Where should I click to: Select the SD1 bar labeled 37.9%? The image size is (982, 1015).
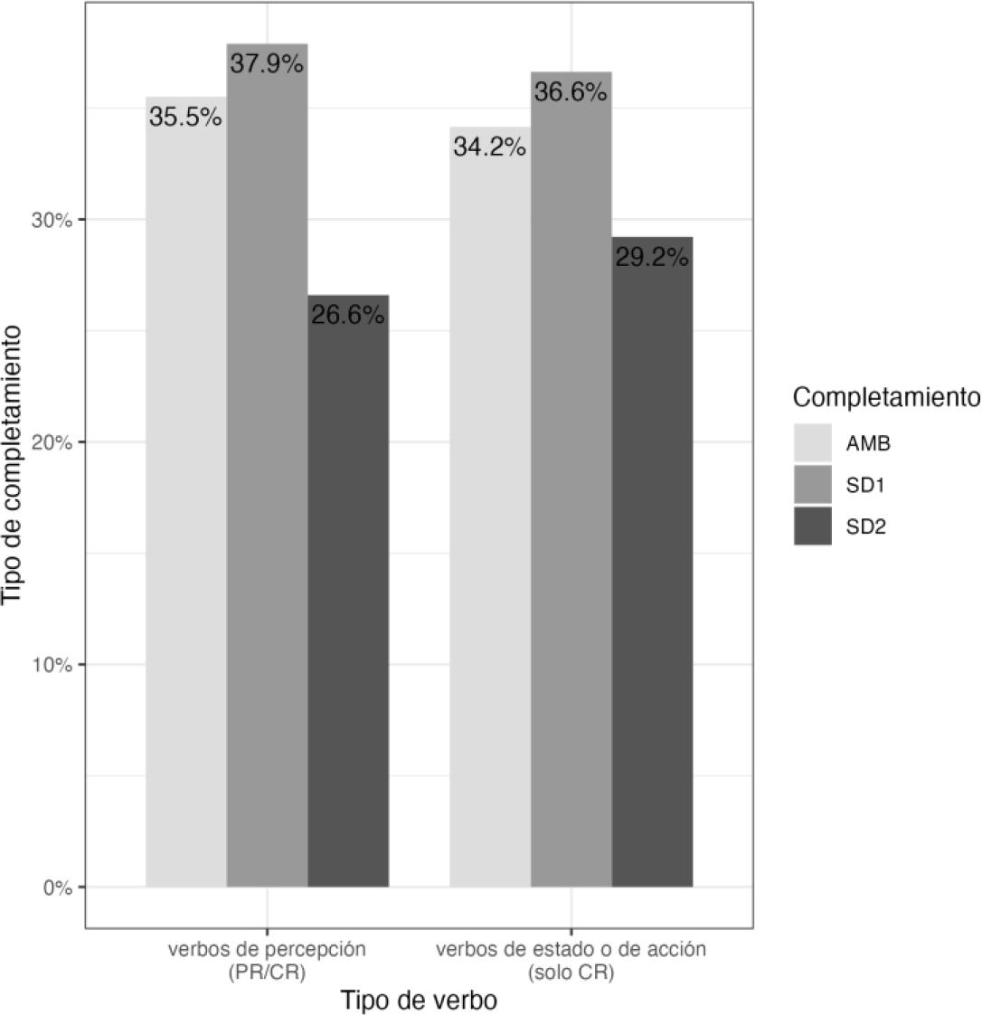(x=267, y=470)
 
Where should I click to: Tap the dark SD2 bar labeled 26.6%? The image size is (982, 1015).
(x=348, y=597)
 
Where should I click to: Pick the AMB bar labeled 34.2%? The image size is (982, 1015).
(x=489, y=516)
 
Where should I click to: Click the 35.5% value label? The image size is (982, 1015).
(x=185, y=118)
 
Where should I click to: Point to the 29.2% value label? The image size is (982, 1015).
(x=652, y=257)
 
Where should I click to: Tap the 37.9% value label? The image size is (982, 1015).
(x=267, y=64)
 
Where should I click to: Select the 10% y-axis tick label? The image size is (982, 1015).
(x=55, y=665)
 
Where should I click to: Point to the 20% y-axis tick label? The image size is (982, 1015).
(x=55, y=442)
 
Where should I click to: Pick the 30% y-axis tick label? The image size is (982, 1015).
(x=55, y=220)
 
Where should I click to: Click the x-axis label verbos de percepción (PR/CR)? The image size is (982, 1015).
(x=267, y=960)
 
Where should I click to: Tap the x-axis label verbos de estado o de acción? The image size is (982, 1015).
(x=571, y=960)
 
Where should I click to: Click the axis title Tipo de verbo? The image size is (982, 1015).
(x=419, y=1001)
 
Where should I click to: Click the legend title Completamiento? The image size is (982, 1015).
(x=885, y=397)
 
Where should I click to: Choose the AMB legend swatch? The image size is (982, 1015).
(x=812, y=443)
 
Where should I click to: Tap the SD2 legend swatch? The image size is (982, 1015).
(x=812, y=526)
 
